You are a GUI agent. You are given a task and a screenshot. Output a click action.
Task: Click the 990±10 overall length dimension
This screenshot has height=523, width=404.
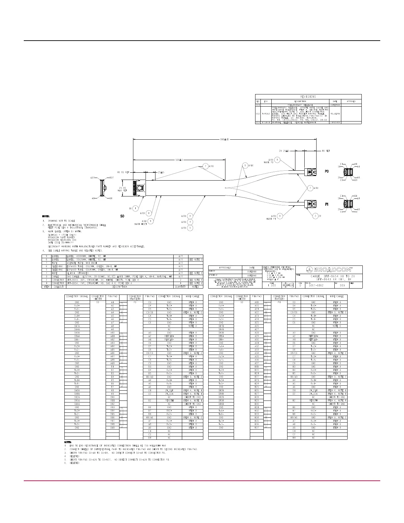click(224, 139)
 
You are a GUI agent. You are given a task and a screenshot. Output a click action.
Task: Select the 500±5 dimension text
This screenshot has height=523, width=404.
click(179, 160)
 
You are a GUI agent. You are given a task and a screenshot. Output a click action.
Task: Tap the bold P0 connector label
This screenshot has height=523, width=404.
click(327, 172)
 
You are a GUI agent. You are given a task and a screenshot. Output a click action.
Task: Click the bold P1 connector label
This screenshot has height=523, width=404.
click(327, 204)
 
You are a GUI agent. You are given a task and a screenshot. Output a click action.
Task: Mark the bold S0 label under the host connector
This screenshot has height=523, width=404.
click(121, 216)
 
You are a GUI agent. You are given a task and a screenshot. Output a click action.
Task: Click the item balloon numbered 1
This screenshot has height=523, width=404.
click(135, 208)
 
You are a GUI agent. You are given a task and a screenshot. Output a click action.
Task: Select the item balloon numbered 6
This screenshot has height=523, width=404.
click(245, 165)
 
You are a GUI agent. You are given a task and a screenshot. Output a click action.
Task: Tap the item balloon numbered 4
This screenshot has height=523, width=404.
click(190, 222)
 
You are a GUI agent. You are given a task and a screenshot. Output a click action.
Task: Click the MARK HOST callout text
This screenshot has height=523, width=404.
click(140, 224)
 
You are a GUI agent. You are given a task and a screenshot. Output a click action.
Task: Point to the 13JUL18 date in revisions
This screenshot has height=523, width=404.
click(335, 114)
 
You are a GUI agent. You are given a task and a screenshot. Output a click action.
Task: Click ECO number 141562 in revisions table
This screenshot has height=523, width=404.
click(266, 114)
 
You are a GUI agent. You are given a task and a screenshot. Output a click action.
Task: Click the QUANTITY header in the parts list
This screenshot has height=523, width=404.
click(181, 287)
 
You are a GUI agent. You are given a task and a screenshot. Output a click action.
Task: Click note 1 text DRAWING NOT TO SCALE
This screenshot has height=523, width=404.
click(61, 221)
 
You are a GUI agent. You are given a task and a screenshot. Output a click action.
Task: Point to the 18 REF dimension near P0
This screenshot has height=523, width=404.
click(326, 151)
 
